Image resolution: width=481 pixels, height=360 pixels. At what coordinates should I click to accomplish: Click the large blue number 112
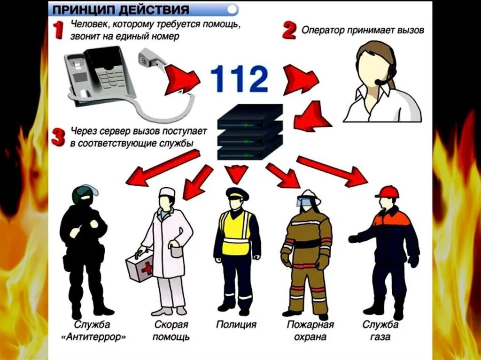239,79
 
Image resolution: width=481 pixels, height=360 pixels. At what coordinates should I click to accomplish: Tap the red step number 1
59,31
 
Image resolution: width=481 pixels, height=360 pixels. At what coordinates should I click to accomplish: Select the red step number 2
289,31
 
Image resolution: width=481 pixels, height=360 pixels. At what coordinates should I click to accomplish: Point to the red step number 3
58,137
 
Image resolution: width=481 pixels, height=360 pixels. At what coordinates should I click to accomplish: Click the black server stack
250,133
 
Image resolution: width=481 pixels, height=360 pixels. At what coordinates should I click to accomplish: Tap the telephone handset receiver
151,62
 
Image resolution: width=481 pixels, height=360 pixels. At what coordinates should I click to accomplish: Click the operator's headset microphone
379,82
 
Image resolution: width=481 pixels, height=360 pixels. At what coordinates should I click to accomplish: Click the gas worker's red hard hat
387,191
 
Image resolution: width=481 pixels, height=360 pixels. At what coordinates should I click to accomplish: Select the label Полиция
236,325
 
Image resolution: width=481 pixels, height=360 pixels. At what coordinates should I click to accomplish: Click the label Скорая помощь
171,330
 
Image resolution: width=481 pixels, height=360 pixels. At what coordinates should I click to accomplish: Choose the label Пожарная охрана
310,330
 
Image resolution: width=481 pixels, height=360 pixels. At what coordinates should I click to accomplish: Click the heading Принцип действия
120,10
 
